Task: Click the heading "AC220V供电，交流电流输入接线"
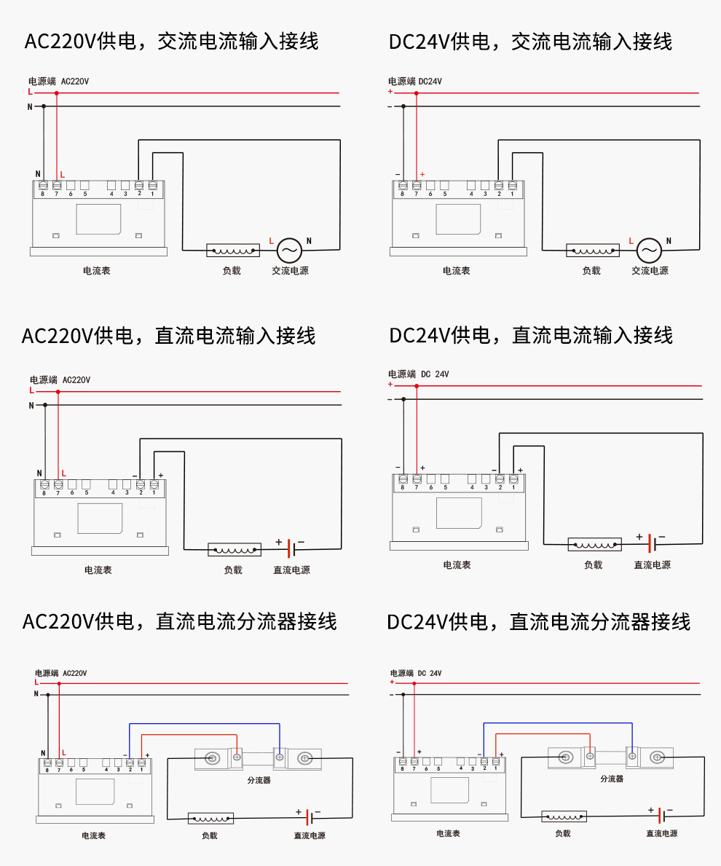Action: tap(172, 41)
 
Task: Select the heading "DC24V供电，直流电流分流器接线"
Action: tap(538, 622)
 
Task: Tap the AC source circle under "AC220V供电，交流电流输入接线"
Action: tap(289, 251)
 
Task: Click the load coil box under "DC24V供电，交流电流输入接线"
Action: tap(593, 251)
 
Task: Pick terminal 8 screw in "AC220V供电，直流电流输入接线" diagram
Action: tap(44, 484)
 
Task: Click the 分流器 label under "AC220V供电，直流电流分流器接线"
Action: tap(259, 780)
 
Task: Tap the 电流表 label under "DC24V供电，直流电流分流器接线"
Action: tap(448, 833)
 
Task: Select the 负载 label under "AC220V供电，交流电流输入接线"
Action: tap(232, 271)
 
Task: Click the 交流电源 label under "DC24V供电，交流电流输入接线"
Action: tap(650, 271)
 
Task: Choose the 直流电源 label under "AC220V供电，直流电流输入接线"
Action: tap(291, 570)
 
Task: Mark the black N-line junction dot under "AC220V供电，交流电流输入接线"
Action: tap(44, 106)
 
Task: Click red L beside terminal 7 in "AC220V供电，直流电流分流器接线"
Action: tap(64, 752)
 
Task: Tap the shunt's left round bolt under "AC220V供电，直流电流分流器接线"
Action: tap(212, 759)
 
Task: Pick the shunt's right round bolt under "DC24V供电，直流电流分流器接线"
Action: tap(658, 757)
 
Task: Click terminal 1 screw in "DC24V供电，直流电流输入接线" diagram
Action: tap(513, 479)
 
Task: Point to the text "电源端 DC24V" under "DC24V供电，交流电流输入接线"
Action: tap(415, 82)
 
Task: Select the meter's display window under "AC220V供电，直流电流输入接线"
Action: tap(100, 518)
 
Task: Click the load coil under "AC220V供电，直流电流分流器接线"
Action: tap(211, 818)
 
